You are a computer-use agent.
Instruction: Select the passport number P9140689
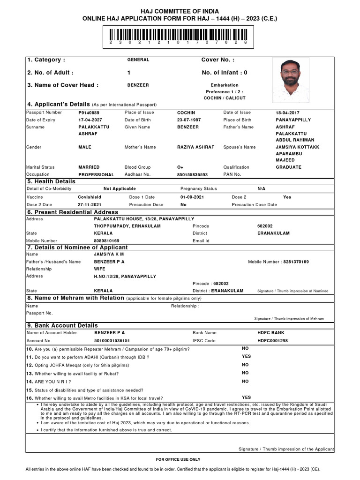click(x=89, y=113)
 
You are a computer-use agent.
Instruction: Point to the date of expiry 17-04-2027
click(x=90, y=120)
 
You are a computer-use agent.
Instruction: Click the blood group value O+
click(x=180, y=167)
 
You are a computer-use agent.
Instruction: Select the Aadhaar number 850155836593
click(x=192, y=175)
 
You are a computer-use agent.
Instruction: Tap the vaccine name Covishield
click(x=90, y=197)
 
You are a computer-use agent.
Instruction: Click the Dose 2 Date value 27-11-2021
click(x=90, y=205)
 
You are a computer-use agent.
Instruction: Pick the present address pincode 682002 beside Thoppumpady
click(x=264, y=226)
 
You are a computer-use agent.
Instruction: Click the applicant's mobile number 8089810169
click(x=107, y=241)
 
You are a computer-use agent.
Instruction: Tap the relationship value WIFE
click(x=100, y=269)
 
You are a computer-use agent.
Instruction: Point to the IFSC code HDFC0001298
click(x=273, y=341)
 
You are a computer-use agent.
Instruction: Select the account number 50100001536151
click(x=112, y=341)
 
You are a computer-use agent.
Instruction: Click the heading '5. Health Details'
click(x=51, y=181)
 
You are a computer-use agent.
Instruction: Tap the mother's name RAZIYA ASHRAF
click(x=195, y=147)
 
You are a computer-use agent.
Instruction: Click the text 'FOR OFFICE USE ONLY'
click(x=178, y=460)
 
